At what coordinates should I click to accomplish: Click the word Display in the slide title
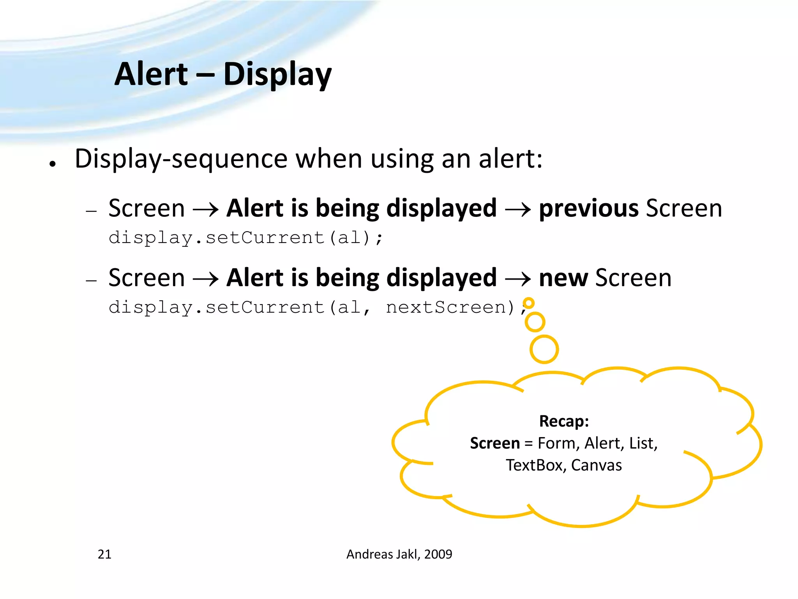pos(277,75)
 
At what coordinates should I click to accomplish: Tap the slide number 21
pos(104,554)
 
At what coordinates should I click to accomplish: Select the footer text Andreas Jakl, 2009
pos(399,554)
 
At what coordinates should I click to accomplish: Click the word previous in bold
pos(588,208)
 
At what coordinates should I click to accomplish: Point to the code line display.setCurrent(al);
pos(245,237)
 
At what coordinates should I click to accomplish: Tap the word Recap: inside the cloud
pos(564,421)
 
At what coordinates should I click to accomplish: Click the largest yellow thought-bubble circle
pos(544,349)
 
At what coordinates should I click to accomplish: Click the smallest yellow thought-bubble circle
pos(528,303)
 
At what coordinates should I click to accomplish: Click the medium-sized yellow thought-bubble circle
pos(535,322)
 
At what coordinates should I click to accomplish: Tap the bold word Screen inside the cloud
pos(494,443)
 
